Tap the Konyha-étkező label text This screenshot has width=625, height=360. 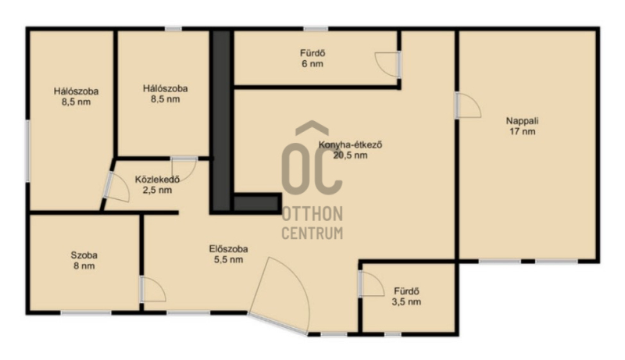350,145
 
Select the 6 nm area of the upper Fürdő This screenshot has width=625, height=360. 312,64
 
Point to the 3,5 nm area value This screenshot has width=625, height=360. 406,302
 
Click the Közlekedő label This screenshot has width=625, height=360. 157,179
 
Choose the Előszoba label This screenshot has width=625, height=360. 228,249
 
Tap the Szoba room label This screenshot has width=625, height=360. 84,255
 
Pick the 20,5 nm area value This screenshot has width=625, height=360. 350,155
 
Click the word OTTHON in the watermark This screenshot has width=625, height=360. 312,214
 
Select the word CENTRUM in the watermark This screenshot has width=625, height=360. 312,233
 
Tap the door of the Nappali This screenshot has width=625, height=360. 468,105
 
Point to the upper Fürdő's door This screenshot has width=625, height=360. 387,65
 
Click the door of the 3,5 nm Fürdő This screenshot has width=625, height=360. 372,283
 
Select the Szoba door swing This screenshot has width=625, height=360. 152,289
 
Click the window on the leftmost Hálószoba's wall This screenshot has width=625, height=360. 27,151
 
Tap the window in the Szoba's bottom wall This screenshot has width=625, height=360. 85,313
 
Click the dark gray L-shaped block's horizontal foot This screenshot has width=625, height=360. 256,203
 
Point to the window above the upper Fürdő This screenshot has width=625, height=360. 316,29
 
